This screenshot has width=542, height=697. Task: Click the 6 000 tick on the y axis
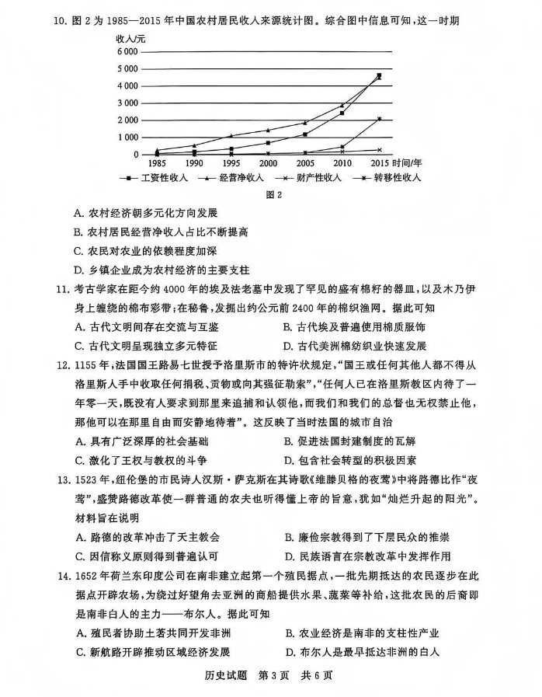(127, 51)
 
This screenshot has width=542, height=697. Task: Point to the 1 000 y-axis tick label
(127, 138)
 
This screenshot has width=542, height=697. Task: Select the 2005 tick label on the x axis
(304, 164)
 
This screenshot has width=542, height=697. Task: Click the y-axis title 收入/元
(131, 37)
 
